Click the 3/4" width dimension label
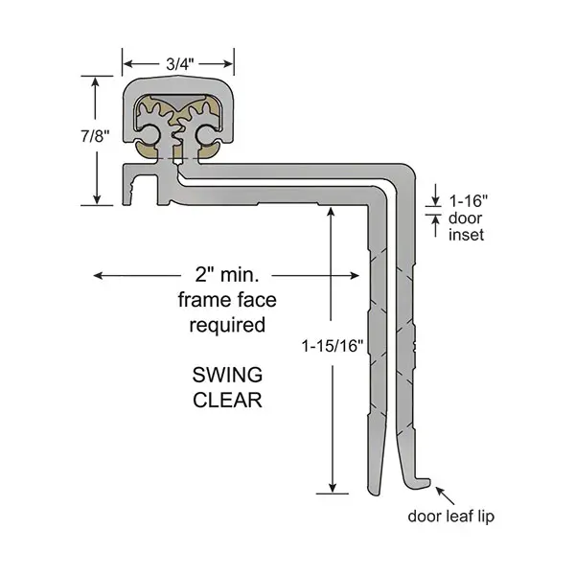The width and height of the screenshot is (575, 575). coord(179,62)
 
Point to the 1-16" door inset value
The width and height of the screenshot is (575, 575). coord(470,201)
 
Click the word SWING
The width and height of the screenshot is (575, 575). coord(228,375)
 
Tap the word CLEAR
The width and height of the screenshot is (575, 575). coord(228,400)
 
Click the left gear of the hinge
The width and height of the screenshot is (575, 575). coord(157,135)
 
